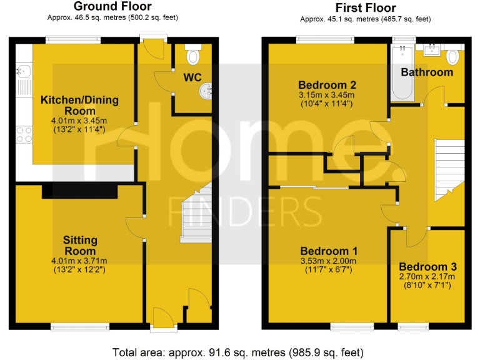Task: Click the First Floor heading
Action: coord(365,8)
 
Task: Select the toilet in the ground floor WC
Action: coord(193,56)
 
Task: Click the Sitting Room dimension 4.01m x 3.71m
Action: coord(79,261)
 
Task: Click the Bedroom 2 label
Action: coord(327,85)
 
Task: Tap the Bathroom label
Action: coord(427,72)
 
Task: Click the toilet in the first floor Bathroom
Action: coord(453,57)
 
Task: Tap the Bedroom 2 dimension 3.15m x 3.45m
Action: coord(327,95)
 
